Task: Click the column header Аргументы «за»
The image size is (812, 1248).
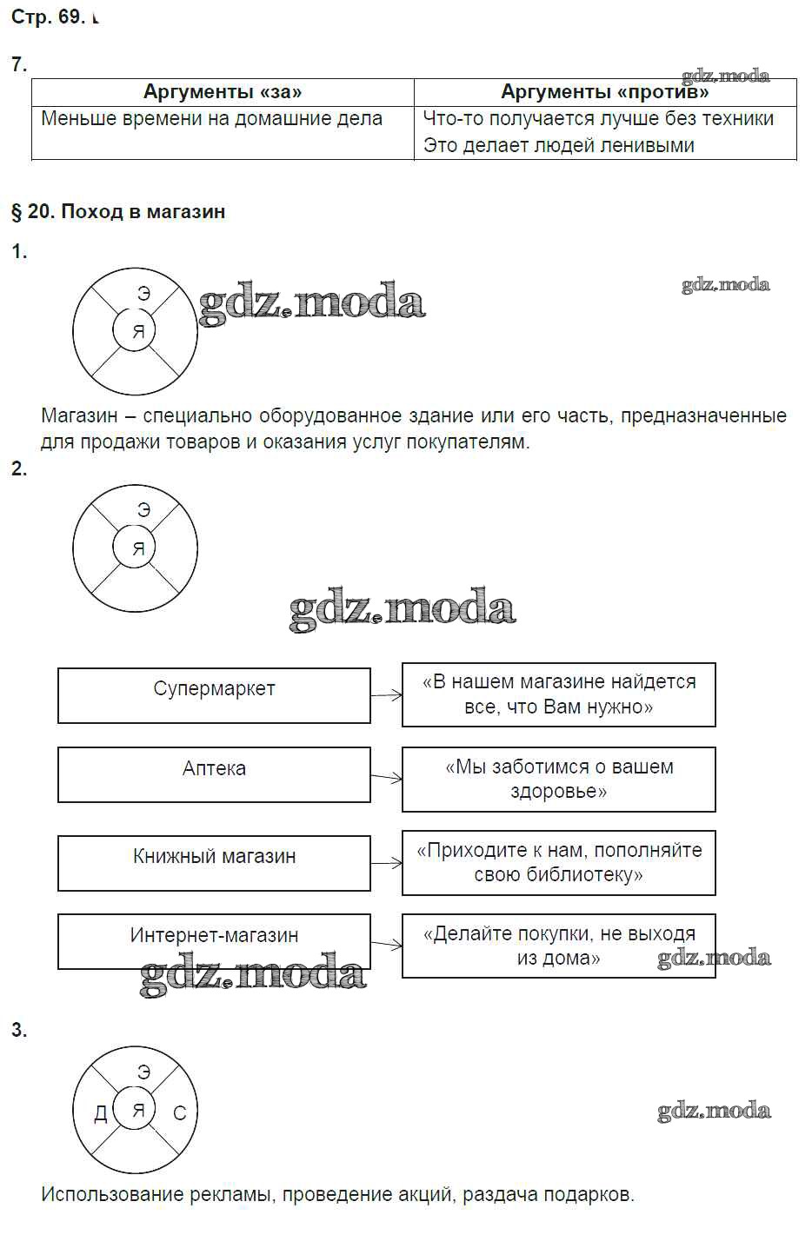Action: point(223,91)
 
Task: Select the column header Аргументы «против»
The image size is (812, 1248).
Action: point(605,91)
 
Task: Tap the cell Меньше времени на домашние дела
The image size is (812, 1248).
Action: point(212,119)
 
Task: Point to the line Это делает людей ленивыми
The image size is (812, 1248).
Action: point(558,145)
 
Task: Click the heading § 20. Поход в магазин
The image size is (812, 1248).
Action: point(118,211)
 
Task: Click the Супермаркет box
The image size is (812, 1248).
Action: point(214,694)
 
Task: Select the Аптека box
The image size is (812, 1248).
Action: point(214,773)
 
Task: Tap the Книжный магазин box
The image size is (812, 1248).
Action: point(214,862)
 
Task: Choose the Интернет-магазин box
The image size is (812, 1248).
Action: point(214,940)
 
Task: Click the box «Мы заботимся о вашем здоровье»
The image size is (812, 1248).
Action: point(558,779)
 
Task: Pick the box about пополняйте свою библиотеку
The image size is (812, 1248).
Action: point(558,862)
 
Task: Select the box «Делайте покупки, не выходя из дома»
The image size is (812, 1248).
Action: point(558,946)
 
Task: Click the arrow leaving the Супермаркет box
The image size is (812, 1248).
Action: point(386,695)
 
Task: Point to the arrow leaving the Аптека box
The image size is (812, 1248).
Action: point(386,777)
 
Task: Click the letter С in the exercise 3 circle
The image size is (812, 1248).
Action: point(180,1113)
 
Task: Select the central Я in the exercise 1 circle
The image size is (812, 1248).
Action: point(137,332)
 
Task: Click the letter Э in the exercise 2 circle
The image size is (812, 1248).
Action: point(144,511)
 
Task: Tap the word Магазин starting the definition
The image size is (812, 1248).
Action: point(78,416)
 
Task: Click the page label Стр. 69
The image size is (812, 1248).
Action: point(47,17)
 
